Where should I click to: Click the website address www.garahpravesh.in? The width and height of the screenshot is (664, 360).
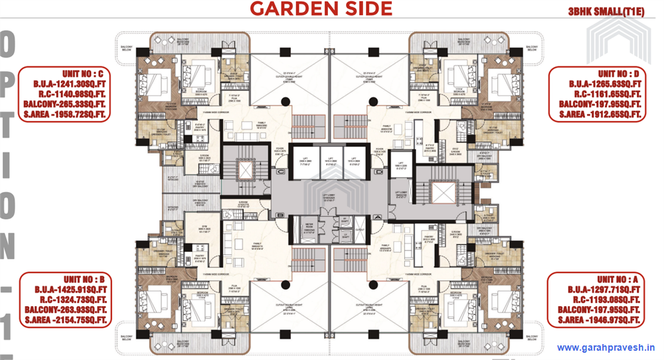pyautogui.click(x=606, y=347)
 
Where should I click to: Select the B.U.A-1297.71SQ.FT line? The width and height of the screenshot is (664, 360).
pyautogui.click(x=602, y=290)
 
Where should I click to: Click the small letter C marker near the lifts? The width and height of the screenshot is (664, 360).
pyautogui.click(x=281, y=171)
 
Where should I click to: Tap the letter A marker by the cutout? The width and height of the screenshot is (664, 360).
pyautogui.click(x=376, y=216)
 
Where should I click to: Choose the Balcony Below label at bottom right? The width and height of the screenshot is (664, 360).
pyautogui.click(x=531, y=338)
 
